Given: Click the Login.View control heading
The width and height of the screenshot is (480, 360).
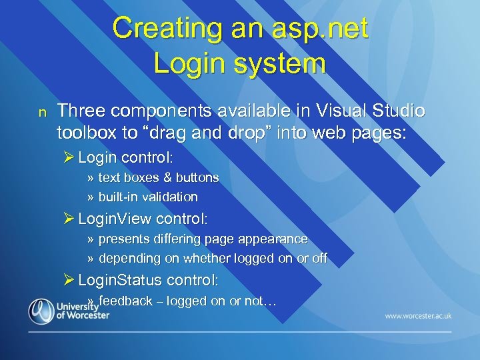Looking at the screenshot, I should click(143, 219).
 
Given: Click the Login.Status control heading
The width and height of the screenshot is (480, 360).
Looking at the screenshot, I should click(148, 280).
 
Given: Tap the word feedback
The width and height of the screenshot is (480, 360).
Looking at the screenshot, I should click(125, 301).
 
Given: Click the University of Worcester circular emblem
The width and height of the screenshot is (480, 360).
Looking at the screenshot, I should click(41, 311).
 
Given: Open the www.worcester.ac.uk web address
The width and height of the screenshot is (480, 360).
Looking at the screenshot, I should click(418, 315).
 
